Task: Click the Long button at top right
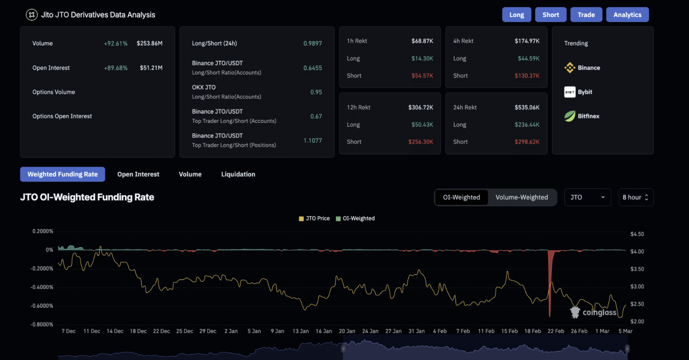[516, 15]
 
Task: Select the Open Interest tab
[138, 174]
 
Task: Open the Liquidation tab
[238, 174]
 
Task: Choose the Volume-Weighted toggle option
[521, 197]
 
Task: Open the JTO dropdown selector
[587, 197]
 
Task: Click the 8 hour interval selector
[635, 197]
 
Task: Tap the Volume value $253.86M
[149, 43]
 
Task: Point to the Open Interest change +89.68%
[115, 68]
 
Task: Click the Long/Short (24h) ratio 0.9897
[312, 43]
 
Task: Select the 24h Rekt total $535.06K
[527, 107]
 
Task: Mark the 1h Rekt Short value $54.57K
[422, 76]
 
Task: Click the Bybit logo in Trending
[570, 92]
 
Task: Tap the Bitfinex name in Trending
[588, 116]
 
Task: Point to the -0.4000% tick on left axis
[42, 287]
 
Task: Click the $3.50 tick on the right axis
[637, 269]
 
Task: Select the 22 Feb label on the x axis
[556, 331]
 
